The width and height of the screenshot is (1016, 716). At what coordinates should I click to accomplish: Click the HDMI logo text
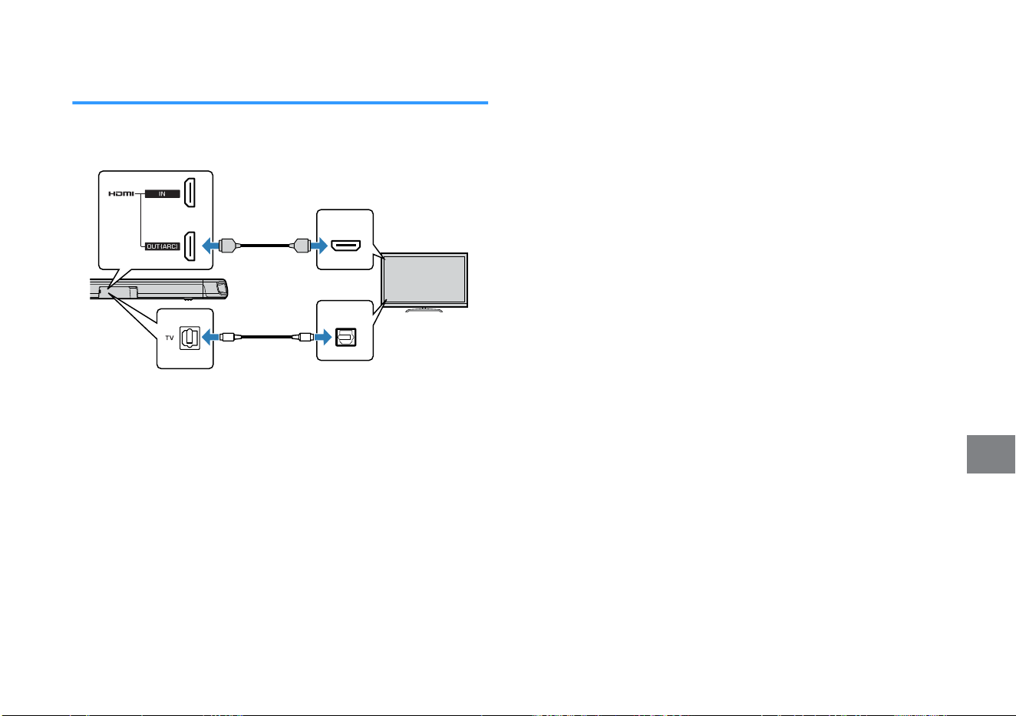click(x=121, y=193)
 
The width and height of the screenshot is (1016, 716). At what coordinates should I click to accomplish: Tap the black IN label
click(x=163, y=193)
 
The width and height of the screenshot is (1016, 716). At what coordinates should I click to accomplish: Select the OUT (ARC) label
click(x=163, y=246)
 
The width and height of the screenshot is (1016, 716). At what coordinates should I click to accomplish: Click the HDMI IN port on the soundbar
click(x=190, y=193)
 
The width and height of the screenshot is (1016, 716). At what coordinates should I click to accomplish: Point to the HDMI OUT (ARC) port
click(x=190, y=246)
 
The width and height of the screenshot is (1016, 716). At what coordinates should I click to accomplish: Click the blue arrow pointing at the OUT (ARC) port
click(x=210, y=246)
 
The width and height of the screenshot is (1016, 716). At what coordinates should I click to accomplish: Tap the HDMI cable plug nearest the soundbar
click(x=229, y=246)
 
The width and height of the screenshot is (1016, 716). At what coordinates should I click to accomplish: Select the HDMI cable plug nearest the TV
click(x=300, y=246)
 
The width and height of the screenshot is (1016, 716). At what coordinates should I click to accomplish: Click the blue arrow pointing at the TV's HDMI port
click(x=319, y=246)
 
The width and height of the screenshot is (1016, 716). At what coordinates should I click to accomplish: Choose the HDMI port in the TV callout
click(x=345, y=246)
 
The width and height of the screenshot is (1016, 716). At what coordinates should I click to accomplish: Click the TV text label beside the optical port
click(x=169, y=338)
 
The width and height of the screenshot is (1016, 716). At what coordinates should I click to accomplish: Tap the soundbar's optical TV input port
click(x=190, y=338)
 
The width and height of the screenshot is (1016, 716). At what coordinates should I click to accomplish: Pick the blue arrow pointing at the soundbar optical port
click(x=210, y=337)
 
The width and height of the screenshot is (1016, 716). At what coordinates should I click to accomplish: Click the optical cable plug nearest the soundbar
click(x=227, y=337)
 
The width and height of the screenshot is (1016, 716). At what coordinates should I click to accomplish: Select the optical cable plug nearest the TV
click(x=305, y=337)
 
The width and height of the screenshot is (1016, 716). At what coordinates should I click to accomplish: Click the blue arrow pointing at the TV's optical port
click(x=323, y=337)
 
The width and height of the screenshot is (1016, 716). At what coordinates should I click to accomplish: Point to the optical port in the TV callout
click(x=345, y=337)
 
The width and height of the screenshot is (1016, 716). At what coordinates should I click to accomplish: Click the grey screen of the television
click(x=424, y=279)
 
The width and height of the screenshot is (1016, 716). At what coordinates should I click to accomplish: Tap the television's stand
click(x=424, y=310)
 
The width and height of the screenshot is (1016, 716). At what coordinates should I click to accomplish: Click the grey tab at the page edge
click(x=991, y=454)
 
